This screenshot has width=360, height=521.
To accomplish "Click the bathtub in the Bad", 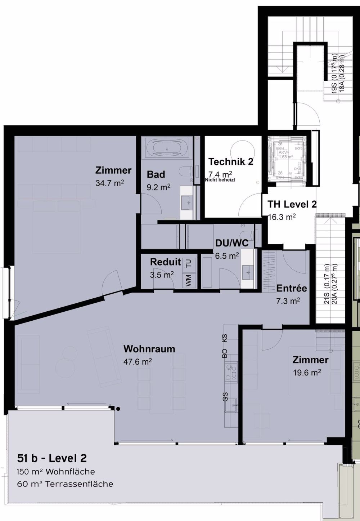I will [166, 148].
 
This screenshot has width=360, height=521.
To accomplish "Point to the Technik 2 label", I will [231, 162].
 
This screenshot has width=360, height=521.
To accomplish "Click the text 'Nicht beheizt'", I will [220, 179].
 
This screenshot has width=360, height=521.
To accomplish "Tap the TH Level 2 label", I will [292, 204].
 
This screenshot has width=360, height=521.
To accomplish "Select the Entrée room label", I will [292, 288].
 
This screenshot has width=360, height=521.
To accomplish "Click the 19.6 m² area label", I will [307, 373].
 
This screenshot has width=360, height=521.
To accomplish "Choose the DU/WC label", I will [232, 243].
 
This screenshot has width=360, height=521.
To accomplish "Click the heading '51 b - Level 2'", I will [52, 458].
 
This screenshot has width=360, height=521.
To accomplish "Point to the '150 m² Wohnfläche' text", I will [56, 472].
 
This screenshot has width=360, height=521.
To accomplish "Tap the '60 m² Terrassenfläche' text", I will [65, 484].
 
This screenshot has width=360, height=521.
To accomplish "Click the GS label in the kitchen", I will [225, 397].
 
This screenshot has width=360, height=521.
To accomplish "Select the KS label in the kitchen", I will [225, 338].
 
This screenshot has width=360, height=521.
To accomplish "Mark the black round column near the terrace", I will [118, 409].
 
